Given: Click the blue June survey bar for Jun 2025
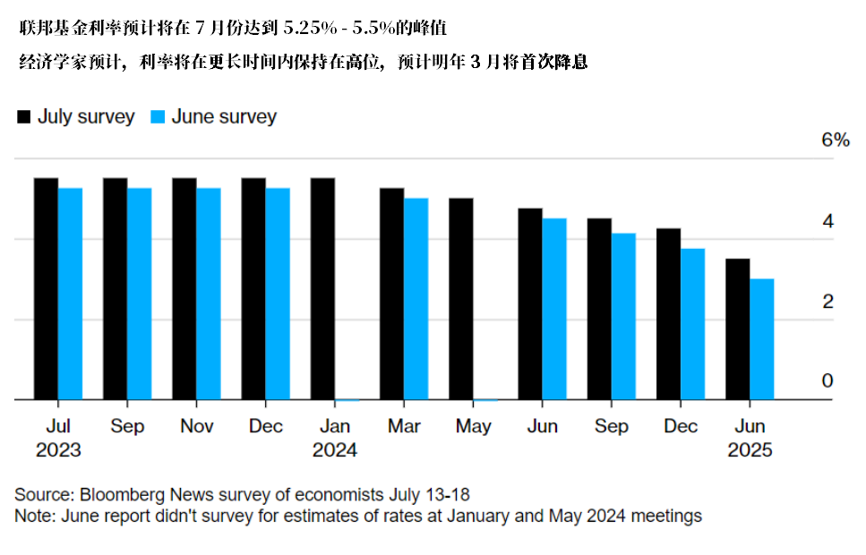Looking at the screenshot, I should [761, 339].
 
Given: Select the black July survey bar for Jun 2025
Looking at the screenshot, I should [737, 329].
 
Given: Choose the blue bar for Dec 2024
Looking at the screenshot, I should [692, 324].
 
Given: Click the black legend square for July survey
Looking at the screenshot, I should [24, 116].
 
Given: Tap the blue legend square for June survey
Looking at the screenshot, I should [158, 116].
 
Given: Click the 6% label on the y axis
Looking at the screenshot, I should [835, 141].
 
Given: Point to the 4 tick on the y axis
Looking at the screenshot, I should [827, 221].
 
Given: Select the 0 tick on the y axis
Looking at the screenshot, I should [827, 381].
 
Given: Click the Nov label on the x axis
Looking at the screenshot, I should [196, 426].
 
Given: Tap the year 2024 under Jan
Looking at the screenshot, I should [334, 450].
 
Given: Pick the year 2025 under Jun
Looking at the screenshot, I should [750, 450].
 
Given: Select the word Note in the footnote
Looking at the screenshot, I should [31, 516].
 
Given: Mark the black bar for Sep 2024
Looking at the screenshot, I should [599, 309].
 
